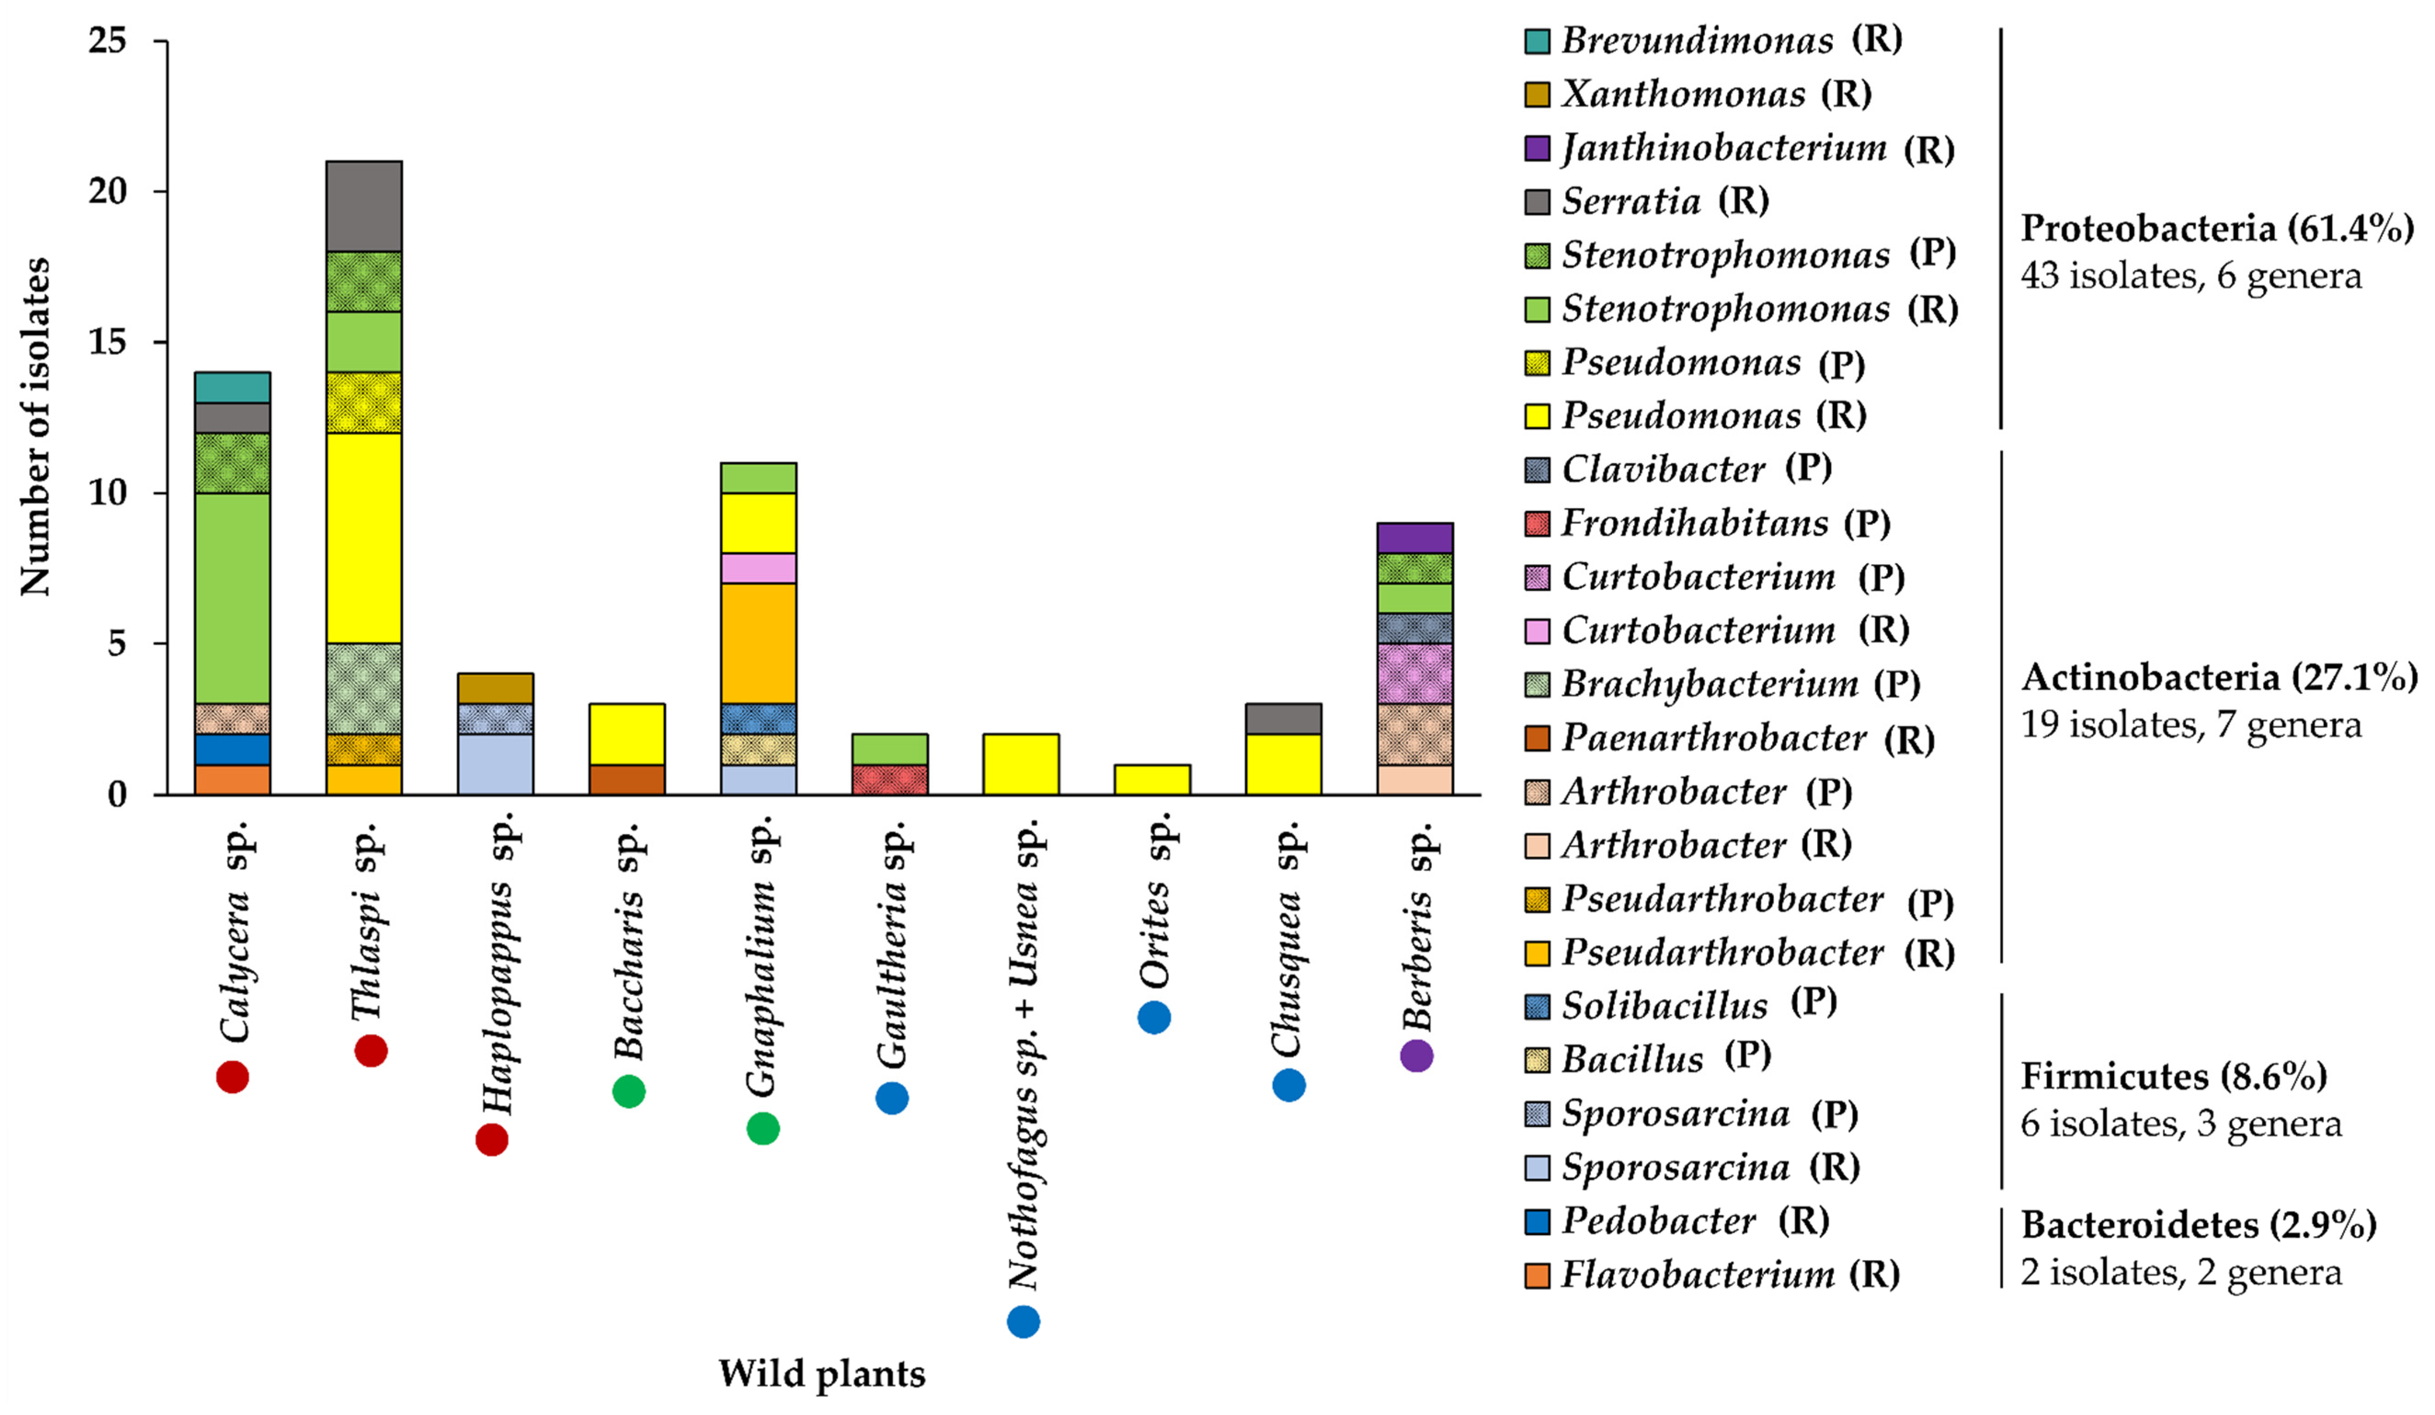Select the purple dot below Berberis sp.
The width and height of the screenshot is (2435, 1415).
[x=1415, y=1055]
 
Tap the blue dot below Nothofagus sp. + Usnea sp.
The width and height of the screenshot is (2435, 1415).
[x=1023, y=1321]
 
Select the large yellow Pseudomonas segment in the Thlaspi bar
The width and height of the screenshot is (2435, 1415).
[x=364, y=538]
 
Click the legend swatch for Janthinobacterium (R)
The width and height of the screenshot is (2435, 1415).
[x=1537, y=149]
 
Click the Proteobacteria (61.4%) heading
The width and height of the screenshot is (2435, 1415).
[x=2217, y=228]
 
